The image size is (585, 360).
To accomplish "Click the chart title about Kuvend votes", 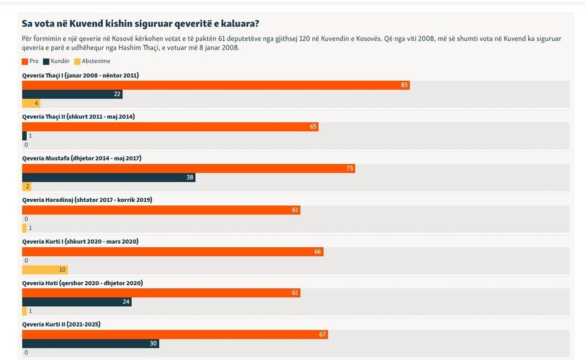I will click(140, 24).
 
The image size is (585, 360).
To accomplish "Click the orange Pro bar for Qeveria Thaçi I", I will click(215, 85).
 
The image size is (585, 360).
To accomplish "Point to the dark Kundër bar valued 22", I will click(72, 94).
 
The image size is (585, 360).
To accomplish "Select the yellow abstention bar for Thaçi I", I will click(31, 103).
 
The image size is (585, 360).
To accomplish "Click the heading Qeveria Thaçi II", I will click(78, 116).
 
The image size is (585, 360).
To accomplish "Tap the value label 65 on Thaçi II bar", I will click(313, 127).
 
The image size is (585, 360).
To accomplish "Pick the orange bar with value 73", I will click(188, 168).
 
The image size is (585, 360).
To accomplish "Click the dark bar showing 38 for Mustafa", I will click(108, 177).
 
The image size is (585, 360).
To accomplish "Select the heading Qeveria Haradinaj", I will click(87, 199).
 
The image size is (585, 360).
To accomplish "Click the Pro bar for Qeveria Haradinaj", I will click(161, 210).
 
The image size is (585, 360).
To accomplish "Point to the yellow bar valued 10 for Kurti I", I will click(45, 270).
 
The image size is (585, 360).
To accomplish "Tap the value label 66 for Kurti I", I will click(318, 252).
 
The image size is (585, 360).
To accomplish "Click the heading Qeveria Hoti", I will click(82, 283).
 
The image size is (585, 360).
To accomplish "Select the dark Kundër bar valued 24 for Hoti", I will click(76, 302).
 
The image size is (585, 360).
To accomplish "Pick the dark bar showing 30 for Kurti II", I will click(90, 343).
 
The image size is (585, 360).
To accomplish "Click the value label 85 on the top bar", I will click(405, 85).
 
